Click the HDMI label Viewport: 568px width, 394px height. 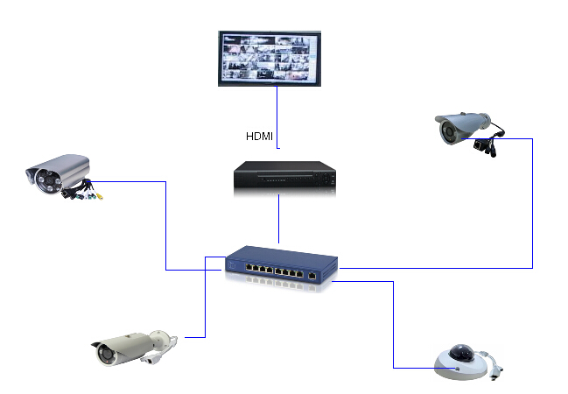coord(260,136)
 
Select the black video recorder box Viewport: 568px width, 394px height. coord(284,178)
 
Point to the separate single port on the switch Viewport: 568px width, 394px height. coord(312,275)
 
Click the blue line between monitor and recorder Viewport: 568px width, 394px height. coord(277,109)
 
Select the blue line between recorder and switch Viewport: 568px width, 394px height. coord(278,219)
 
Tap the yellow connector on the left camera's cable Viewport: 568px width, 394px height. coord(100,196)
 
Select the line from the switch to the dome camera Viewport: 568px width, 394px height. coord(394,324)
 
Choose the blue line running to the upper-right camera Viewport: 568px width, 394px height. coord(532,201)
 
